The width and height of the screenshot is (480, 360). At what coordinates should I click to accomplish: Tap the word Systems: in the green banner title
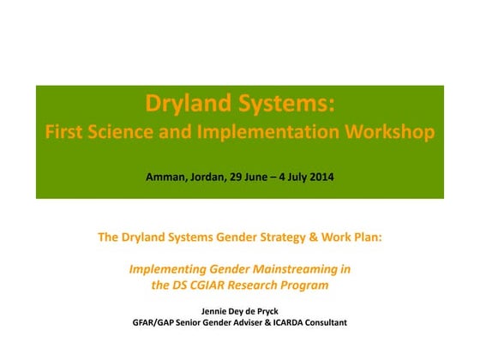pyautogui.click(x=280, y=105)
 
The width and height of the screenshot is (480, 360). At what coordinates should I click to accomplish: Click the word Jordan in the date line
pyautogui.click(x=210, y=177)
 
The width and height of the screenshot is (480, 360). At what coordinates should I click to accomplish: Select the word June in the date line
pyautogui.click(x=260, y=177)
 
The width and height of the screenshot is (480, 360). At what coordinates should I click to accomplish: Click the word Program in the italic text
pyautogui.click(x=306, y=285)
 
